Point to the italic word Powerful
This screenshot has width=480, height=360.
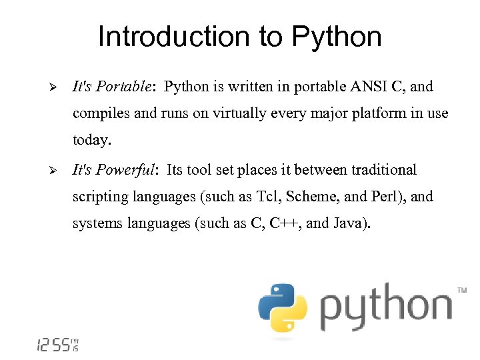(x=126, y=170)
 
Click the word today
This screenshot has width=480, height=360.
(x=93, y=141)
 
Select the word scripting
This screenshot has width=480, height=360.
(x=100, y=197)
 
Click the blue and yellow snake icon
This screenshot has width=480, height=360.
(x=283, y=307)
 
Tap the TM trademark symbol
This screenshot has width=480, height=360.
(x=461, y=290)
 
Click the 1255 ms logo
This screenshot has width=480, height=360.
(x=57, y=345)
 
